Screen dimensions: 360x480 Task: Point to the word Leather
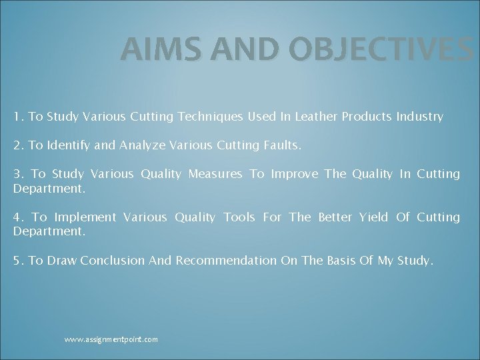click(x=315, y=117)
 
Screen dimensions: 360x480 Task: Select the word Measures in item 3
click(x=215, y=174)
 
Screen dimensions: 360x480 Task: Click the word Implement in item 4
click(x=85, y=217)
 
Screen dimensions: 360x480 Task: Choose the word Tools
click(x=239, y=217)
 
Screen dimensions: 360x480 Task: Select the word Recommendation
click(x=226, y=261)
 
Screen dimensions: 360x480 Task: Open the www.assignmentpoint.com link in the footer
click(x=111, y=339)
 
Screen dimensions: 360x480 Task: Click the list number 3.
click(x=17, y=174)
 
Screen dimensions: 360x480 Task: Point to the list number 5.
click(x=17, y=261)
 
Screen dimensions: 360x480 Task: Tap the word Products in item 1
click(x=367, y=117)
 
